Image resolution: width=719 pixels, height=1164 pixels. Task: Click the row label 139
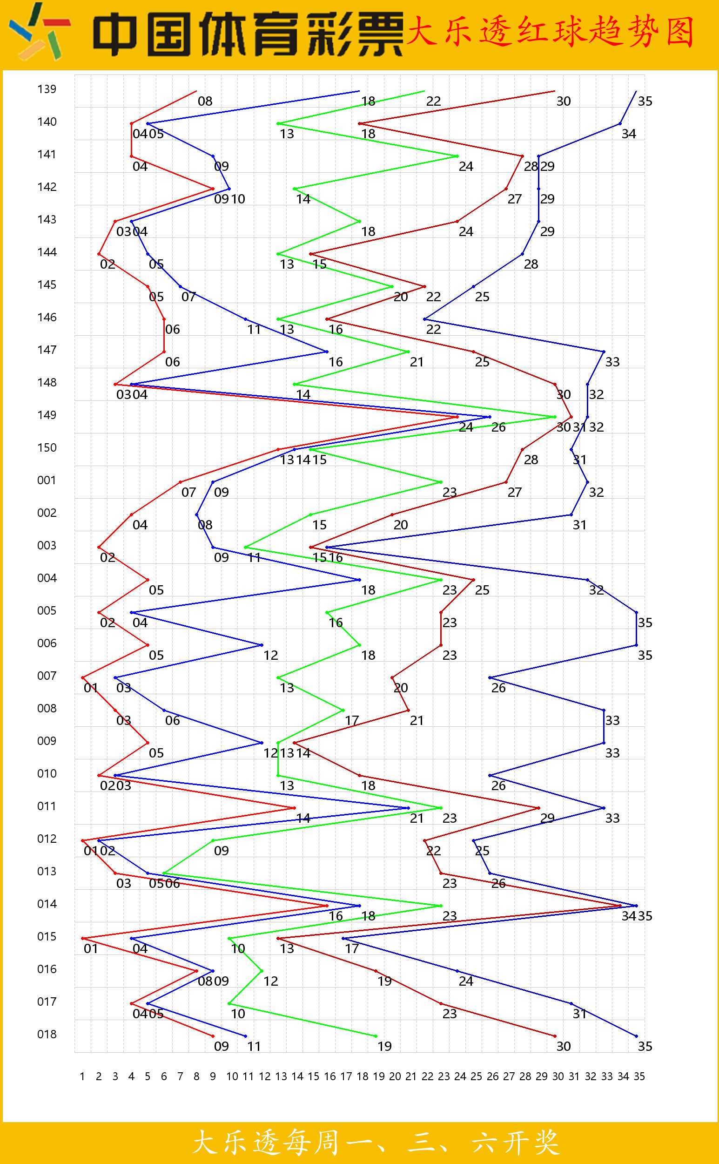coord(47,89)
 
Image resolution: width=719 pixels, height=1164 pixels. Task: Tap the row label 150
coord(47,447)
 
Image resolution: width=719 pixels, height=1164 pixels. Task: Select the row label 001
coord(47,480)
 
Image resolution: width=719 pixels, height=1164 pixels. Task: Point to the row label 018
coord(47,1034)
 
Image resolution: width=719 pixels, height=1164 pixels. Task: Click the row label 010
coord(47,773)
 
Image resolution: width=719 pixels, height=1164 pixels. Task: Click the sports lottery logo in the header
coord(40,34)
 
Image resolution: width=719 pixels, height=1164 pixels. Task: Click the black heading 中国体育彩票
coord(247,34)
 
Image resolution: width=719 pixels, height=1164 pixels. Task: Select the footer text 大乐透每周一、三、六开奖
coord(376,1143)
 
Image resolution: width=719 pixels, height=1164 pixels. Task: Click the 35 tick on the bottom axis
coord(639,1076)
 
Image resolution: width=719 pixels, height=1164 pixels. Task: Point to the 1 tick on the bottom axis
coord(82,1076)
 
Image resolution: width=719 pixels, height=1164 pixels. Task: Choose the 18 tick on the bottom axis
coord(363,1076)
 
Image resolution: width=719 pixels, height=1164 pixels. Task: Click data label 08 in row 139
coord(205,102)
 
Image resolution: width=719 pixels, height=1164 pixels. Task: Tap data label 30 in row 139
coord(564,102)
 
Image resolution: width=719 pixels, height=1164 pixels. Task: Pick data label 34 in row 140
coord(629,134)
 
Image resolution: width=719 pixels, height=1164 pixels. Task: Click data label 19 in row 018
coord(384,1047)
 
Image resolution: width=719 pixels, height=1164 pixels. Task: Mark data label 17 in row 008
coord(352,721)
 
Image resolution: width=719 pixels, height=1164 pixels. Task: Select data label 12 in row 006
coord(270,656)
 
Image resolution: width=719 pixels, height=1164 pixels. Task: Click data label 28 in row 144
coord(531,264)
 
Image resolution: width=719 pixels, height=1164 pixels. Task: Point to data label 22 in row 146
coord(433,330)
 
